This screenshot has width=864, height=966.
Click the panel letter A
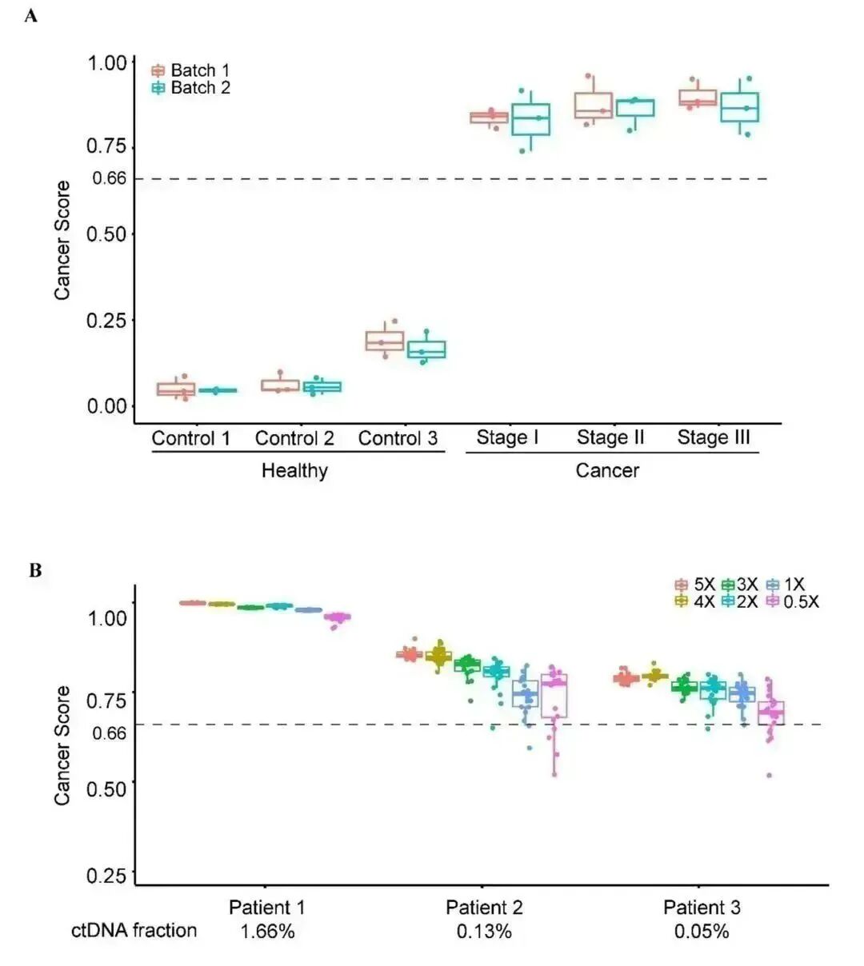(31, 15)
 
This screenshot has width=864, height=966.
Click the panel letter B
(34, 570)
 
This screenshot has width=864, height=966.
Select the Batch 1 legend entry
(190, 70)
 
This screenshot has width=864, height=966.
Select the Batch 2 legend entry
(190, 88)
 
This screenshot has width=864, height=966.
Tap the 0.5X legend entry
(792, 602)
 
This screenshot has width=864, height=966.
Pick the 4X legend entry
(695, 602)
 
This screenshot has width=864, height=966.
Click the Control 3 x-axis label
(398, 438)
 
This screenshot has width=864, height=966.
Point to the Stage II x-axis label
(610, 437)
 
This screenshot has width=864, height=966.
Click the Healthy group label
(294, 470)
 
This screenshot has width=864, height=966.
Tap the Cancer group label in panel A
(607, 470)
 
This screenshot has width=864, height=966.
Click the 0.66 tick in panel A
(110, 178)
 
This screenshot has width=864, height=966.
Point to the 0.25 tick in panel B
(107, 875)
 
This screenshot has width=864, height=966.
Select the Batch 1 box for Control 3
(384, 341)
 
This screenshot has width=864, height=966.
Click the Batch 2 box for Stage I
(530, 119)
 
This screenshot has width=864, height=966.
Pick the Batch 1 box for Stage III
(698, 98)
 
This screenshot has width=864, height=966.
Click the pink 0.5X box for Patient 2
(554, 696)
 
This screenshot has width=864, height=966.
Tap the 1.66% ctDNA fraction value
(267, 932)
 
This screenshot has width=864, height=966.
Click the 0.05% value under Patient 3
(702, 932)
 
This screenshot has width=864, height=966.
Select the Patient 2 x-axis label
(484, 908)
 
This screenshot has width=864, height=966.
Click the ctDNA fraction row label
(134, 930)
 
